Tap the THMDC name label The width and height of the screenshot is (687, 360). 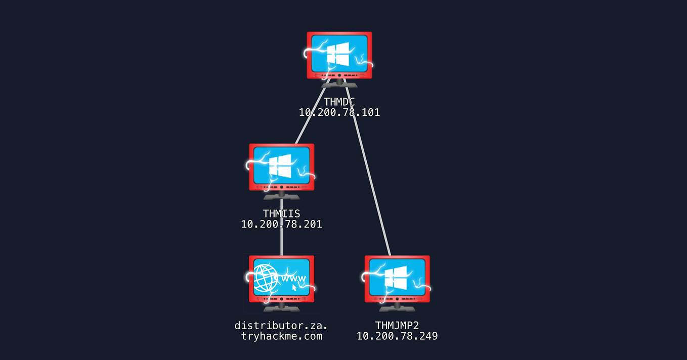click(339, 102)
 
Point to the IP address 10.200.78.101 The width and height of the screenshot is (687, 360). click(339, 112)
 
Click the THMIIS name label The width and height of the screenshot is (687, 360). click(281, 214)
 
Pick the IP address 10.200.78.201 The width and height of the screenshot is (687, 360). click(281, 224)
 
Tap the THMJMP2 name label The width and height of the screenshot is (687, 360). click(397, 325)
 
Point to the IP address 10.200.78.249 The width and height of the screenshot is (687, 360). click(397, 336)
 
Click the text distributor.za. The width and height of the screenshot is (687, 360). click(281, 325)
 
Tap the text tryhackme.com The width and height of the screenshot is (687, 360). click(281, 336)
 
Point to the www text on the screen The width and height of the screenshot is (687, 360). click(294, 279)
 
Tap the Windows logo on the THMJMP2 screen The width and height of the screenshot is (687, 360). click(396, 277)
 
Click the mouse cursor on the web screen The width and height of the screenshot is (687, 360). click(294, 288)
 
